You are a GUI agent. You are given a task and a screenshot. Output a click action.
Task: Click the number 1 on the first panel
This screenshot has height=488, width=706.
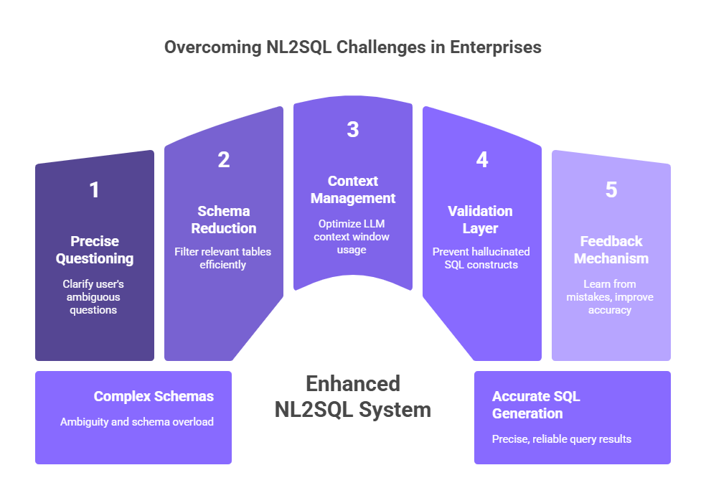pos(94,190)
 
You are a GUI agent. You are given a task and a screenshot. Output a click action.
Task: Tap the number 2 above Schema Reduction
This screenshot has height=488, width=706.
pos(224,160)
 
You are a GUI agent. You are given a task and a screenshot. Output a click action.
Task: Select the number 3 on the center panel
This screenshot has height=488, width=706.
pos(352,129)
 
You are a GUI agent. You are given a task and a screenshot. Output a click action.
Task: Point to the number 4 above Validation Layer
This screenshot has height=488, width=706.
pos(482,160)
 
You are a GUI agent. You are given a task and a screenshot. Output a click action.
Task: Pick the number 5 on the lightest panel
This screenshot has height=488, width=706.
pos(611,190)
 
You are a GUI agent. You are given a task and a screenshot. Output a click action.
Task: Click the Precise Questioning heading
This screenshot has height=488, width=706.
pos(95,250)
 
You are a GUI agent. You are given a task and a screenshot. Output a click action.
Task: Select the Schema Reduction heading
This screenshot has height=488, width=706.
pos(224,220)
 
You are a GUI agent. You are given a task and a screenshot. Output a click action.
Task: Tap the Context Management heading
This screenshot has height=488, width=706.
pos(353,189)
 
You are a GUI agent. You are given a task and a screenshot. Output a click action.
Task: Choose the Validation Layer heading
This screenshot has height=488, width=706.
pos(481,220)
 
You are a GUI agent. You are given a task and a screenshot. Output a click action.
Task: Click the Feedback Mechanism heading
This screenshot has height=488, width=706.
pos(611,250)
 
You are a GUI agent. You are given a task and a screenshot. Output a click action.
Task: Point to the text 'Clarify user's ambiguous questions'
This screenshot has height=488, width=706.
pos(93,297)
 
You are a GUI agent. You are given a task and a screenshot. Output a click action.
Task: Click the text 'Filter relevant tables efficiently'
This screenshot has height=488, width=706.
pos(223,258)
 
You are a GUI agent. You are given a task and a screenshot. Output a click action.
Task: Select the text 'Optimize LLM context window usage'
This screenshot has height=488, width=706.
pos(353,236)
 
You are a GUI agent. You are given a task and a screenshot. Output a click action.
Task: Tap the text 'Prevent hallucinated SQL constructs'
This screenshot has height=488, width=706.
pos(481,258)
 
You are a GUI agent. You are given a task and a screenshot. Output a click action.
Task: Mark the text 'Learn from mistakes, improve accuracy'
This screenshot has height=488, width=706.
pos(610,297)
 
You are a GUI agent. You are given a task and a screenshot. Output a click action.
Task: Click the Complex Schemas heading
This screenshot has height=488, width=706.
pos(154,396)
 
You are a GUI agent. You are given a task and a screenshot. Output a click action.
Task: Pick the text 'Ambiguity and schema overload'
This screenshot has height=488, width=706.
pos(137,422)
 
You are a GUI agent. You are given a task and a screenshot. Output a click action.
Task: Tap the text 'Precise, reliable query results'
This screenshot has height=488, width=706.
pos(562,438)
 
